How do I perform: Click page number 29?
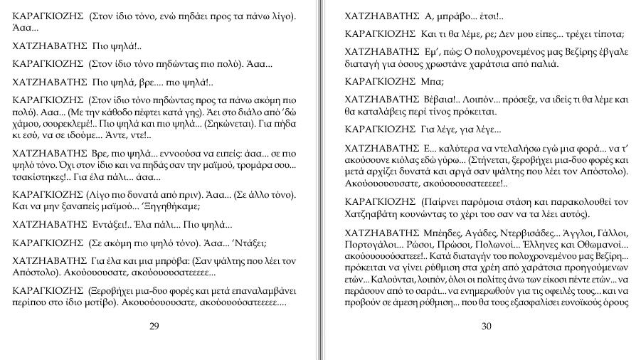[154, 326]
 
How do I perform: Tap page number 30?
[487, 326]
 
